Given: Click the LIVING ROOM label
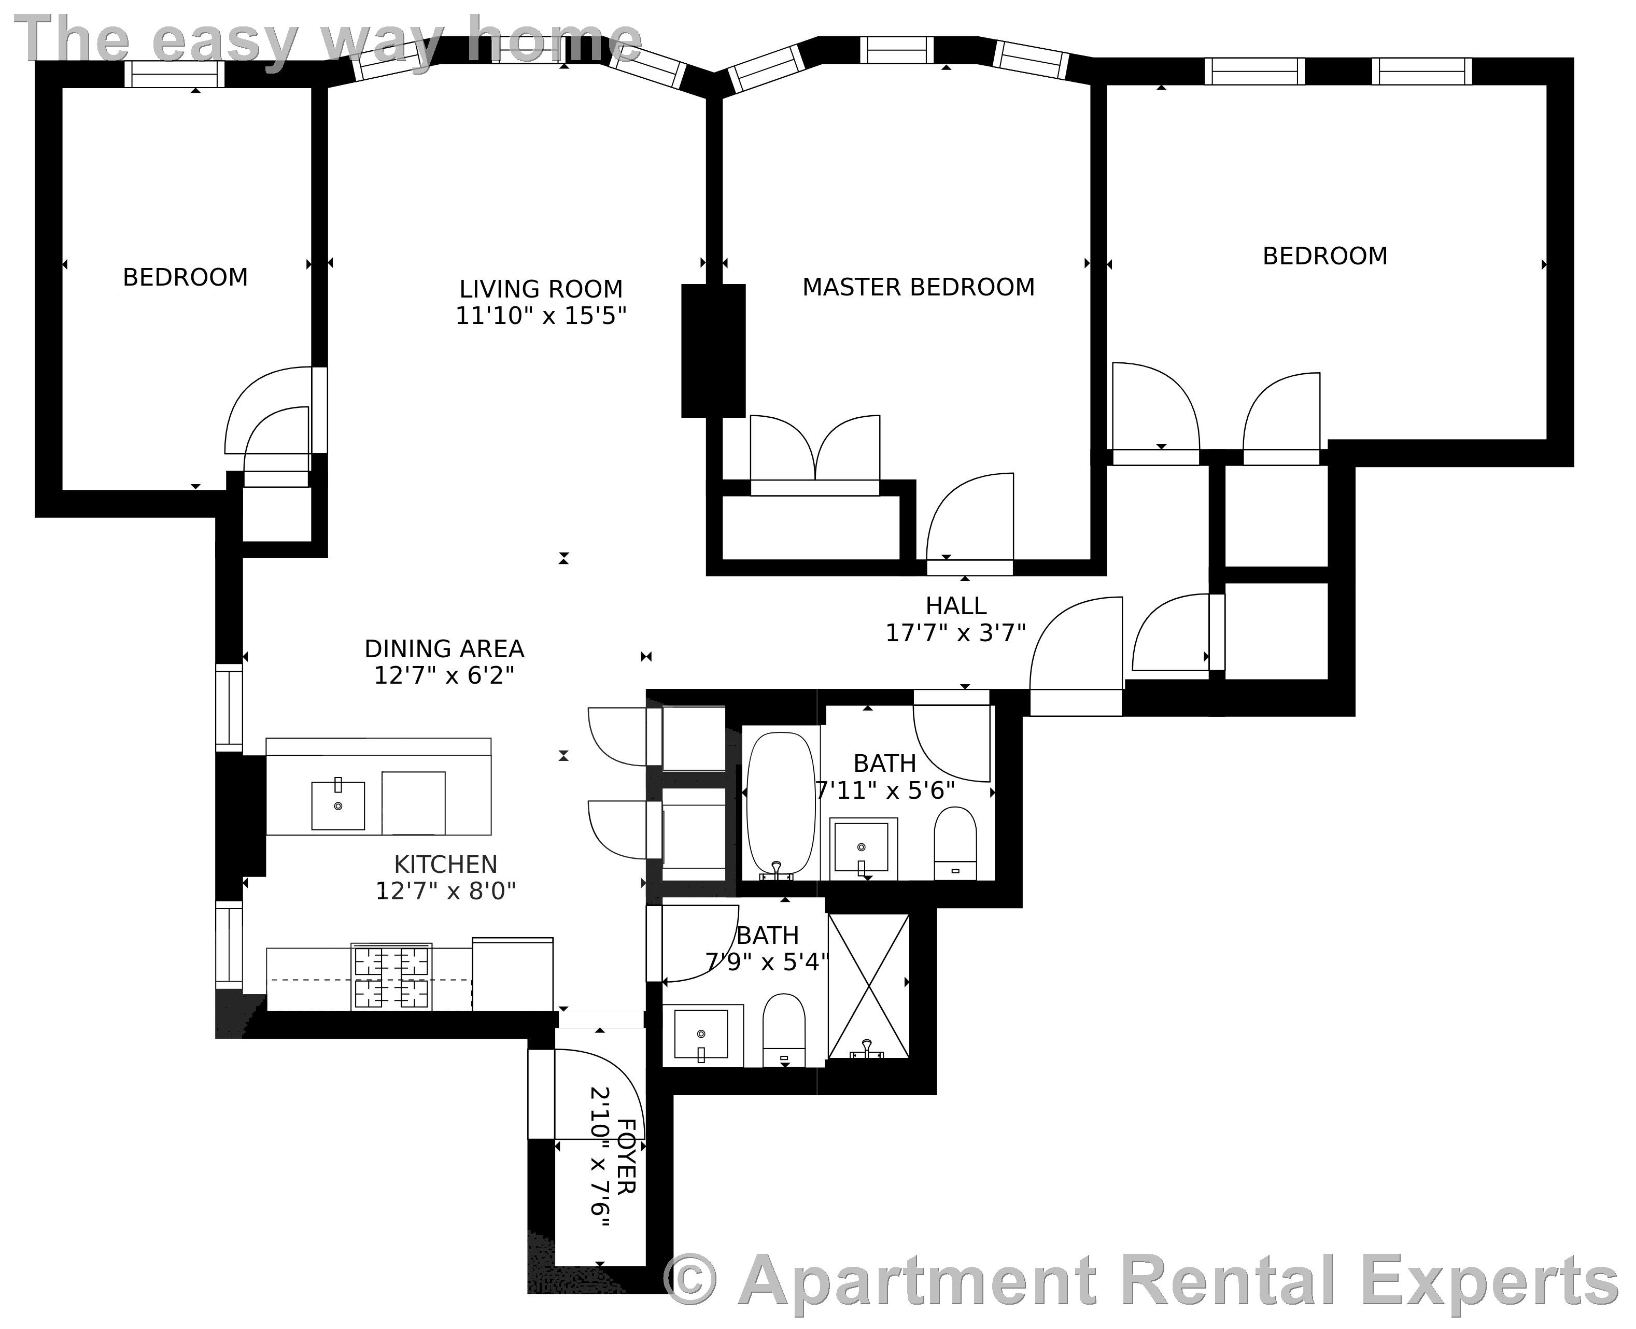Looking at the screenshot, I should point(541,289).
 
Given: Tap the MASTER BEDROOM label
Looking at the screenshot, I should point(918,287).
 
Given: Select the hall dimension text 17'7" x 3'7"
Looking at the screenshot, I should point(955,633).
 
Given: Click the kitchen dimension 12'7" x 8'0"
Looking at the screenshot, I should point(446,891).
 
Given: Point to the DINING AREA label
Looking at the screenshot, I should point(444,648).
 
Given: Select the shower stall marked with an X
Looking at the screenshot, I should point(869,986).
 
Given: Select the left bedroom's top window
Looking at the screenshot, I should point(175,74).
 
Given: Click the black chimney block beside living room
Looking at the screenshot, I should point(713,350).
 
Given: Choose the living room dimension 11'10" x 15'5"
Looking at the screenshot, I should point(541,316).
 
